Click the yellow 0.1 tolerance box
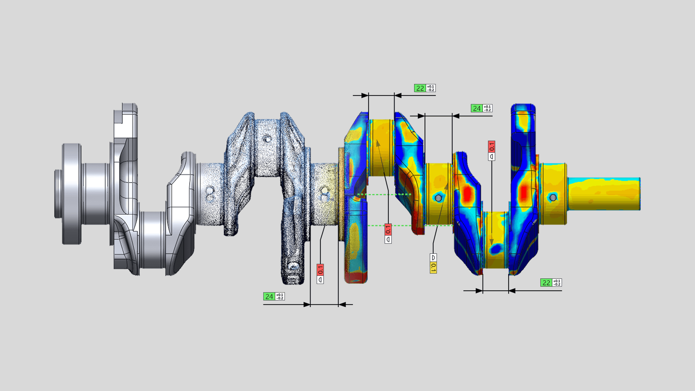(x=433, y=268)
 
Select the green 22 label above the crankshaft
(x=420, y=88)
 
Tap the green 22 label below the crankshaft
(x=546, y=283)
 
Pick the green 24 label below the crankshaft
(x=269, y=297)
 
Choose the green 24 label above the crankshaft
(x=476, y=108)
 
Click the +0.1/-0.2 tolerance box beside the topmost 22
(x=430, y=88)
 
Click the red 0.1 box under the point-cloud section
(x=320, y=270)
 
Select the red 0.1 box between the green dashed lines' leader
(x=388, y=229)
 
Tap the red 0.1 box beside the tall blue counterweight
(x=492, y=147)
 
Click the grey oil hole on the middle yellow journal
(x=438, y=198)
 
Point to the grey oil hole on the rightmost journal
(x=553, y=198)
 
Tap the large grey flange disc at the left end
(x=72, y=194)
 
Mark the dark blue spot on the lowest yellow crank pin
(x=496, y=248)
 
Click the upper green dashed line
(x=384, y=194)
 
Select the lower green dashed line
(x=409, y=226)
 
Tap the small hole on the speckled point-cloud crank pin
(x=267, y=138)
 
